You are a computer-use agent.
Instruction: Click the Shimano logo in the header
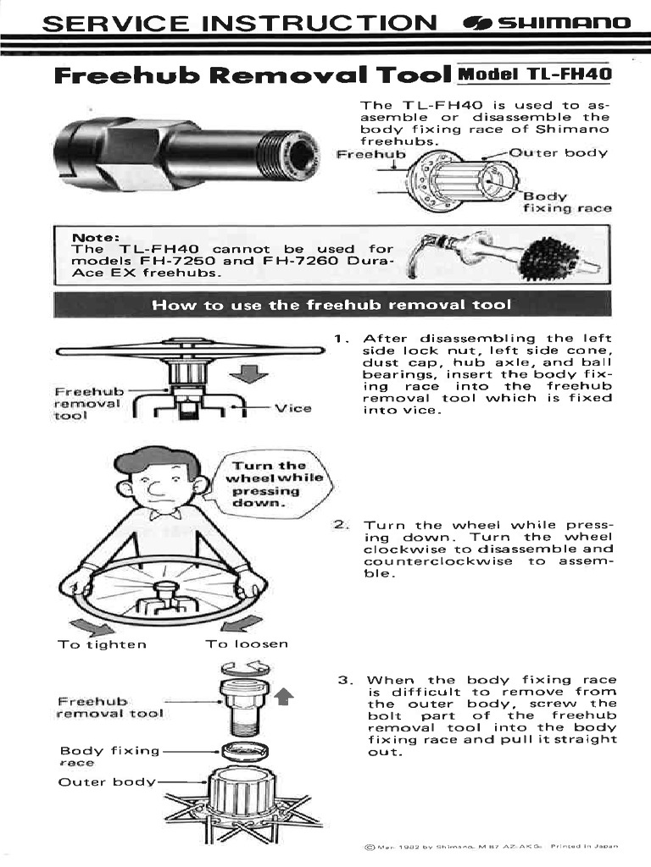pos(547,22)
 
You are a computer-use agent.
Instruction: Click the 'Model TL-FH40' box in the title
pos(534,74)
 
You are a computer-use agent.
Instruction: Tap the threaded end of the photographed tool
pos(288,152)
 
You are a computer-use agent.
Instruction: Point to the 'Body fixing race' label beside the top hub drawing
pos(566,202)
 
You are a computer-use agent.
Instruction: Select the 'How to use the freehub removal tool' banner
pos(331,304)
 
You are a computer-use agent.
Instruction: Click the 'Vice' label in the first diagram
pos(293,408)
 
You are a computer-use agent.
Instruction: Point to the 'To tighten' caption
pos(102,643)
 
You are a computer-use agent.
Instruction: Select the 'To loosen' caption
pos(246,643)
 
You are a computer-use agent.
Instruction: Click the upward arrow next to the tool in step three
pos(284,696)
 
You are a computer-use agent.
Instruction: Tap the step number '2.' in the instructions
pos(342,526)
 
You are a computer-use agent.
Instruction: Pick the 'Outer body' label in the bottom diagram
pos(107,781)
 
